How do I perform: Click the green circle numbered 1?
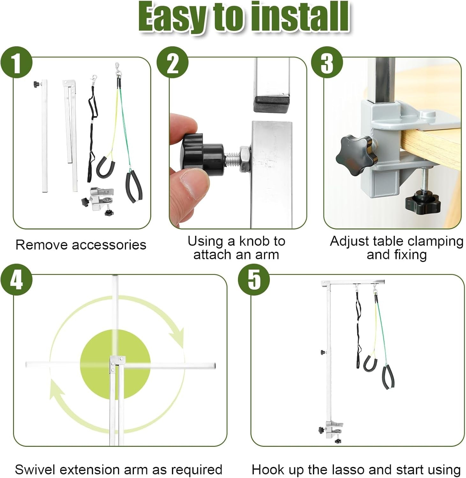(17, 62)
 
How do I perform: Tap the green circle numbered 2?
(173, 62)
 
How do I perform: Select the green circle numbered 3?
(327, 62)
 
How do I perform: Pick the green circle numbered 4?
(17, 279)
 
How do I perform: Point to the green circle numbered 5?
(254, 279)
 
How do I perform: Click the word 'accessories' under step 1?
(109, 245)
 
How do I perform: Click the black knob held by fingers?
(203, 153)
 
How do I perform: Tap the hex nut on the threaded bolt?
(245, 159)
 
